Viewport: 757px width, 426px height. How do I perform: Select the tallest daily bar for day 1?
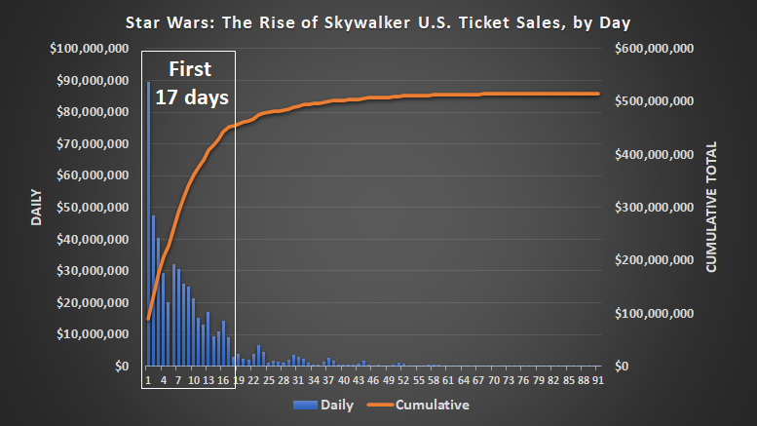(x=148, y=224)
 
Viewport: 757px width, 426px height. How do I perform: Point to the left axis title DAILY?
(x=36, y=207)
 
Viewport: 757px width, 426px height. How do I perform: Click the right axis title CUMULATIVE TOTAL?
(x=711, y=207)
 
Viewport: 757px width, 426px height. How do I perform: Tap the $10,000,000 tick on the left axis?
(x=95, y=334)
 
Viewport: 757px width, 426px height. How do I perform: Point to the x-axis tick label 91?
(x=594, y=380)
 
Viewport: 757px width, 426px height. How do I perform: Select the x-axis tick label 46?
(x=373, y=380)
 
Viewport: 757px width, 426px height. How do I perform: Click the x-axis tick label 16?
(x=224, y=380)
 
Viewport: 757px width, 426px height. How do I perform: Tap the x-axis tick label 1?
(x=147, y=380)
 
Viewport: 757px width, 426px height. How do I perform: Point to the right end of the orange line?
(x=597, y=94)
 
